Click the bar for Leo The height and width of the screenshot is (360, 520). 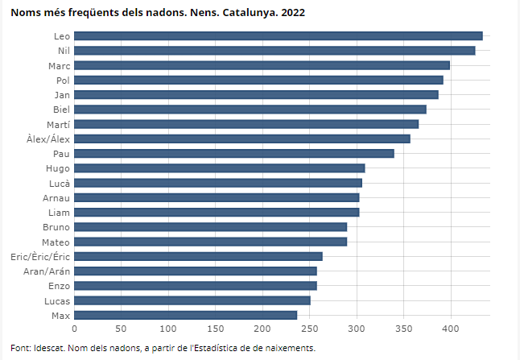[279, 35]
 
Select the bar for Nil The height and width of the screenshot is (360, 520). [274, 51]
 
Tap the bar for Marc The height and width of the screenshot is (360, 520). [262, 65]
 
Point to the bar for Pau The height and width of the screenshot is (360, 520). [234, 153]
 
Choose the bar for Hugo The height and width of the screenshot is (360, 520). [220, 168]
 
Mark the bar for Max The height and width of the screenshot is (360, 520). [186, 315]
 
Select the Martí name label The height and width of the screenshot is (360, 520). [58, 124]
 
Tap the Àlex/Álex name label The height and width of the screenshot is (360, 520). [48, 139]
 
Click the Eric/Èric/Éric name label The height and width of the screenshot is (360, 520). [40, 256]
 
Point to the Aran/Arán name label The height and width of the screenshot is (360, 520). [46, 271]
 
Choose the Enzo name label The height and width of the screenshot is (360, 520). [58, 286]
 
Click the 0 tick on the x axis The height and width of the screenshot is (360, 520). [75, 329]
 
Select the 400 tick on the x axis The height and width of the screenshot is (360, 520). [451, 329]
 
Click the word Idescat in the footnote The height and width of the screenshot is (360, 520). [47, 348]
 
